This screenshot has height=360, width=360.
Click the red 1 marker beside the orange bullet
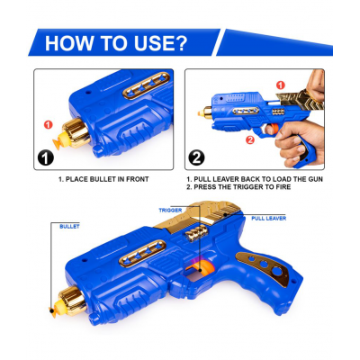[48, 123]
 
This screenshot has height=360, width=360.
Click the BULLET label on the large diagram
[69, 227]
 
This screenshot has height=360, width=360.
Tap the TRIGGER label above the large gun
[170, 210]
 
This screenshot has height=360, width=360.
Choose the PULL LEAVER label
[269, 218]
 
